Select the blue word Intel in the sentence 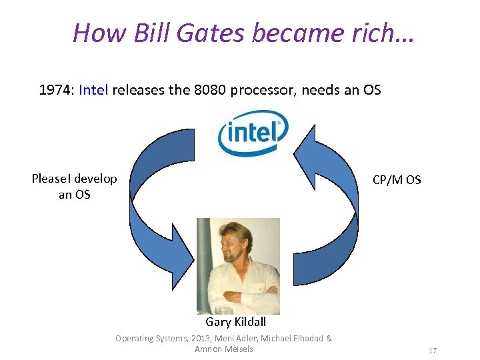pyautogui.click(x=93, y=89)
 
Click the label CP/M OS pyautogui.click(x=397, y=180)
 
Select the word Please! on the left pyautogui.click(x=51, y=179)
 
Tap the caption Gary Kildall pyautogui.click(x=235, y=322)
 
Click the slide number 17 pyautogui.click(x=432, y=350)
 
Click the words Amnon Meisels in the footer pyautogui.click(x=224, y=349)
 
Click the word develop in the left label pyautogui.click(x=95, y=179)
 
